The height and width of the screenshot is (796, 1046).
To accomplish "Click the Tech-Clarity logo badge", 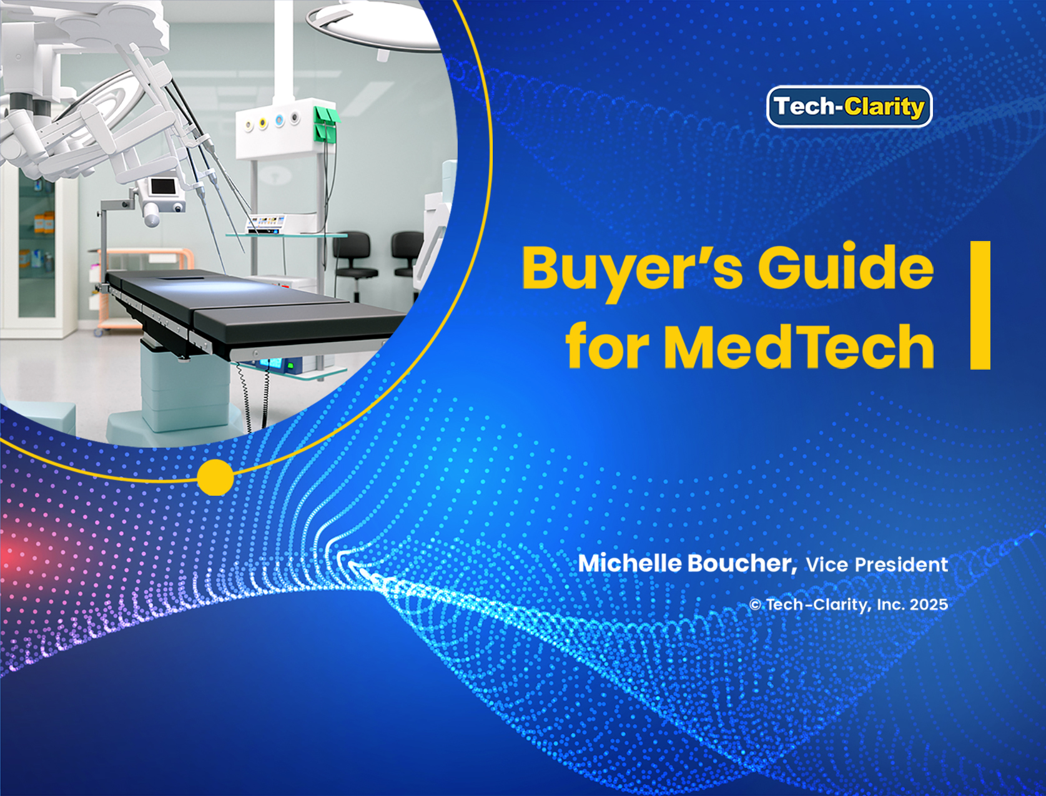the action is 849,107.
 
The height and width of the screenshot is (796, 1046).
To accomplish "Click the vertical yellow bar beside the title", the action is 980,305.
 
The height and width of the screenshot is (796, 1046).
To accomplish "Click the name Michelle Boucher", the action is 687,564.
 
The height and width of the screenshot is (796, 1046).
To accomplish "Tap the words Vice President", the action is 877,565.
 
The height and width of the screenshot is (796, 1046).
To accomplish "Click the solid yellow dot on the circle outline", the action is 215,477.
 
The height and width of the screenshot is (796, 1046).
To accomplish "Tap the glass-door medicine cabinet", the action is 38,252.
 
